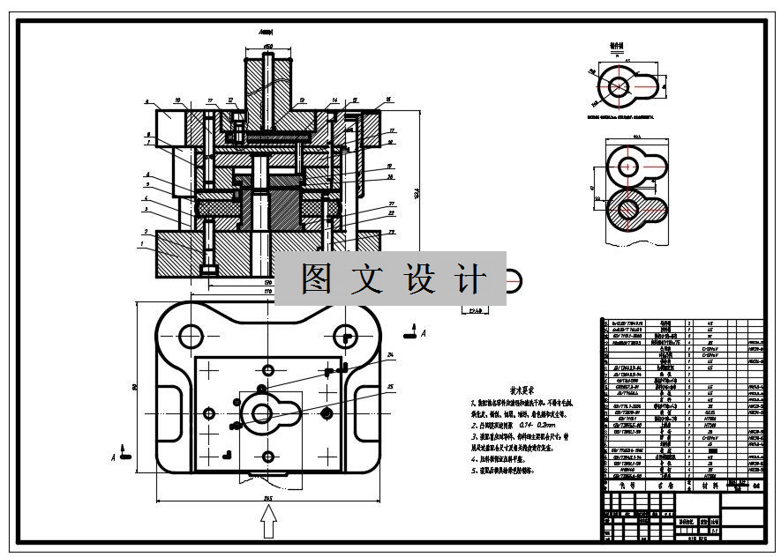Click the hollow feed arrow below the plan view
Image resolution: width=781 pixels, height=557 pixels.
coord(269,525)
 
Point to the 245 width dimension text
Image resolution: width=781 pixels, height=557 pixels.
coord(268,499)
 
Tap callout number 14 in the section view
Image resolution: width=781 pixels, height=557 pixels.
coord(335,100)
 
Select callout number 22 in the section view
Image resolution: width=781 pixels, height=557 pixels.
coord(389,213)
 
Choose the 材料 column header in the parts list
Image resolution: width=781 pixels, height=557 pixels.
coord(710,486)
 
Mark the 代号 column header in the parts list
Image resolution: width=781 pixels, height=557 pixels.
coord(615,486)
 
